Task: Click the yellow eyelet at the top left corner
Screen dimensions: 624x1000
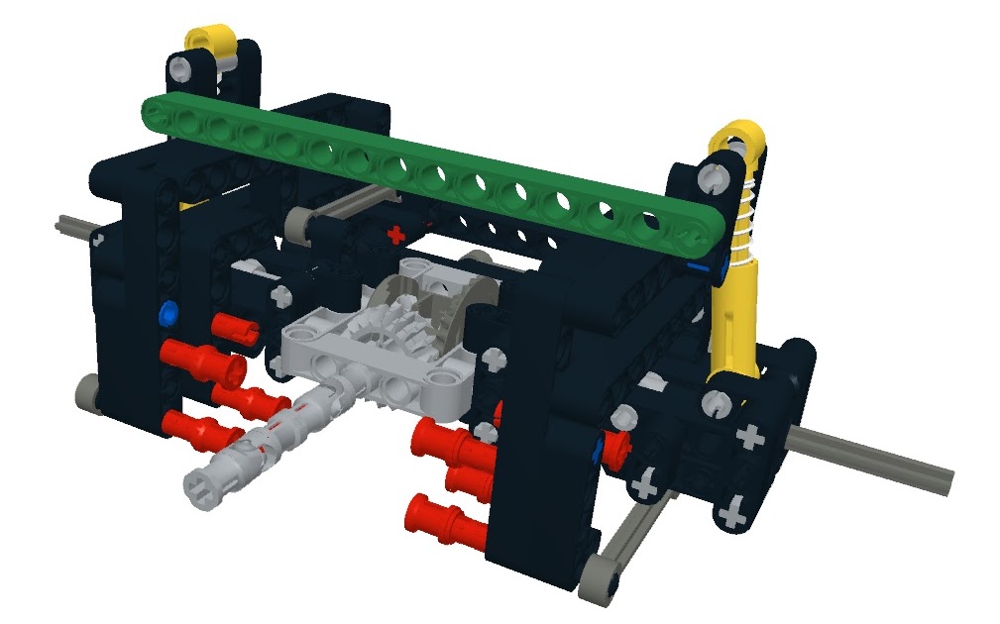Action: [211, 42]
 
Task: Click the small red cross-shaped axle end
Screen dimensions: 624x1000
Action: [396, 236]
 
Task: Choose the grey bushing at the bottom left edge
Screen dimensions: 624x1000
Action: [87, 394]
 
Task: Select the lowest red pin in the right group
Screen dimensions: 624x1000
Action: [444, 518]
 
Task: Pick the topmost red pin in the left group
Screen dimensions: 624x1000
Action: [235, 326]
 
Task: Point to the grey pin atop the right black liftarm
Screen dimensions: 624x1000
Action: [711, 178]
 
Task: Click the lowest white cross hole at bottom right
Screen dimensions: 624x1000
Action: [733, 514]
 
